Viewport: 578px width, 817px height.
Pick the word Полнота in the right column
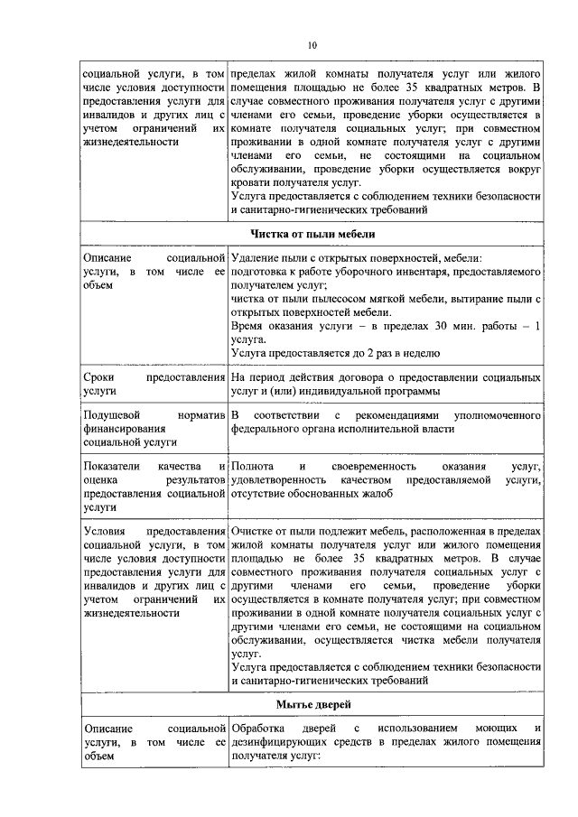pyautogui.click(x=253, y=466)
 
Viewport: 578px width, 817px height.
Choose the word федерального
pyautogui.click(x=269, y=428)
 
